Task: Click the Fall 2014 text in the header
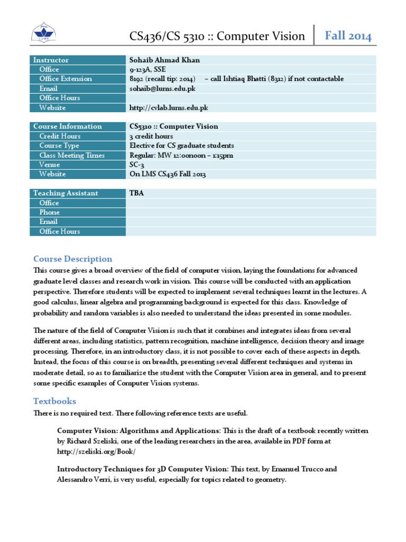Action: [x=348, y=36]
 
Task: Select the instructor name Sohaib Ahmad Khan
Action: [x=164, y=60]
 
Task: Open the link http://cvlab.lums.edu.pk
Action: [x=169, y=107]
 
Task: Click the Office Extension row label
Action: [x=66, y=79]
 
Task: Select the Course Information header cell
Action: [x=68, y=127]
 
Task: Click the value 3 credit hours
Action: [x=151, y=136]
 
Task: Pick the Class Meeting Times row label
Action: [x=72, y=155]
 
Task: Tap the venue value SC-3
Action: [x=137, y=165]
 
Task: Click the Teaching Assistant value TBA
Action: [x=136, y=193]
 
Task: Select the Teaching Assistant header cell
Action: [x=66, y=193]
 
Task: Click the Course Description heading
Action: [x=73, y=259]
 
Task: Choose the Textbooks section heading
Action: [x=55, y=401]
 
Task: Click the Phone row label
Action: [x=50, y=212]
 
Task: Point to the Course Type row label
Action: [x=59, y=146]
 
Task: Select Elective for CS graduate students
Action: [x=182, y=146]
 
